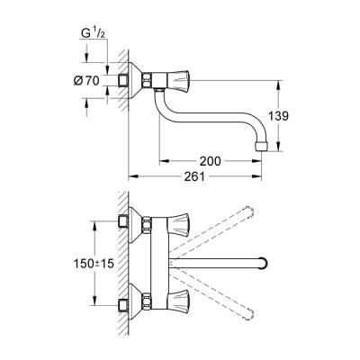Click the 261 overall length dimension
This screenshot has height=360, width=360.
(x=207, y=176)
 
